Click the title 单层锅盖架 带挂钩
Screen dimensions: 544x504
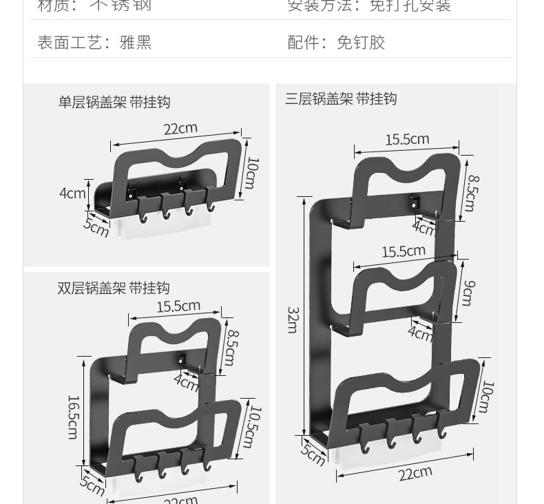pos(114,103)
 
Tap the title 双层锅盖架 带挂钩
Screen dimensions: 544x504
pos(113,288)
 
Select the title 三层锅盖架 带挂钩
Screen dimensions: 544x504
pos(341,99)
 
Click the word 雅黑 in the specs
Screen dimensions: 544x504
pos(135,43)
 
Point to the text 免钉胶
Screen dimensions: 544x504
pos(360,43)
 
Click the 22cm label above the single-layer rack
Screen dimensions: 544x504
pos(180,128)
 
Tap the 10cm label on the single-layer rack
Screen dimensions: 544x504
pos(251,173)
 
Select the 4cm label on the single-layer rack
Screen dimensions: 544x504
pos(72,193)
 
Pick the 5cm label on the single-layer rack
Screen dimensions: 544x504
pos(96,226)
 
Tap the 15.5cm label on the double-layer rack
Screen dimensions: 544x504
pos(178,306)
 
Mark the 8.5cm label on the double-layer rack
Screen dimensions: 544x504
pos(231,348)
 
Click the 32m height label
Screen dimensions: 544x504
pos(291,319)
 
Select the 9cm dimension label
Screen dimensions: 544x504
pos(467,293)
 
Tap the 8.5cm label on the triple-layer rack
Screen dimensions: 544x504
pos(471,193)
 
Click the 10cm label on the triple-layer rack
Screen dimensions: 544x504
pos(485,397)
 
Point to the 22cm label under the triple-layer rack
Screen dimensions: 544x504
pos(415,472)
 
